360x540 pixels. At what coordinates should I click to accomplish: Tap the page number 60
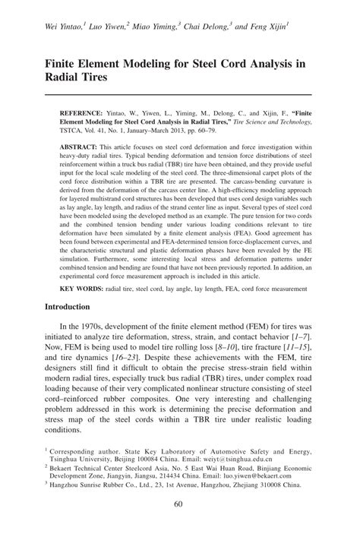pos(180,505)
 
